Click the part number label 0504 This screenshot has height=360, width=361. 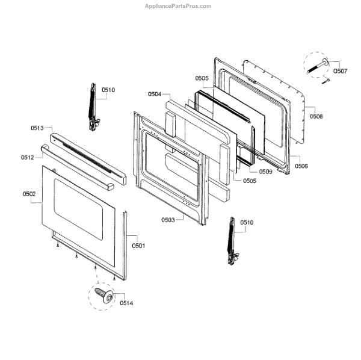click(x=155, y=94)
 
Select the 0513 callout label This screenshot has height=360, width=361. click(x=38, y=128)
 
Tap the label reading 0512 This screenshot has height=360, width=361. click(x=27, y=157)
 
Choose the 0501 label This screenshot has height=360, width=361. click(x=139, y=245)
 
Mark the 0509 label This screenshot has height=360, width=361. click(x=265, y=172)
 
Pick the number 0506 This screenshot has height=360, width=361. click(x=301, y=165)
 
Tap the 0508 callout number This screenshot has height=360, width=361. click(x=316, y=116)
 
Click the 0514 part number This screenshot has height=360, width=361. click(x=126, y=303)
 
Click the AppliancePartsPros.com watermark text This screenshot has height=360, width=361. click(x=179, y=6)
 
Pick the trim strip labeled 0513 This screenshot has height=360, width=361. click(x=90, y=154)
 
